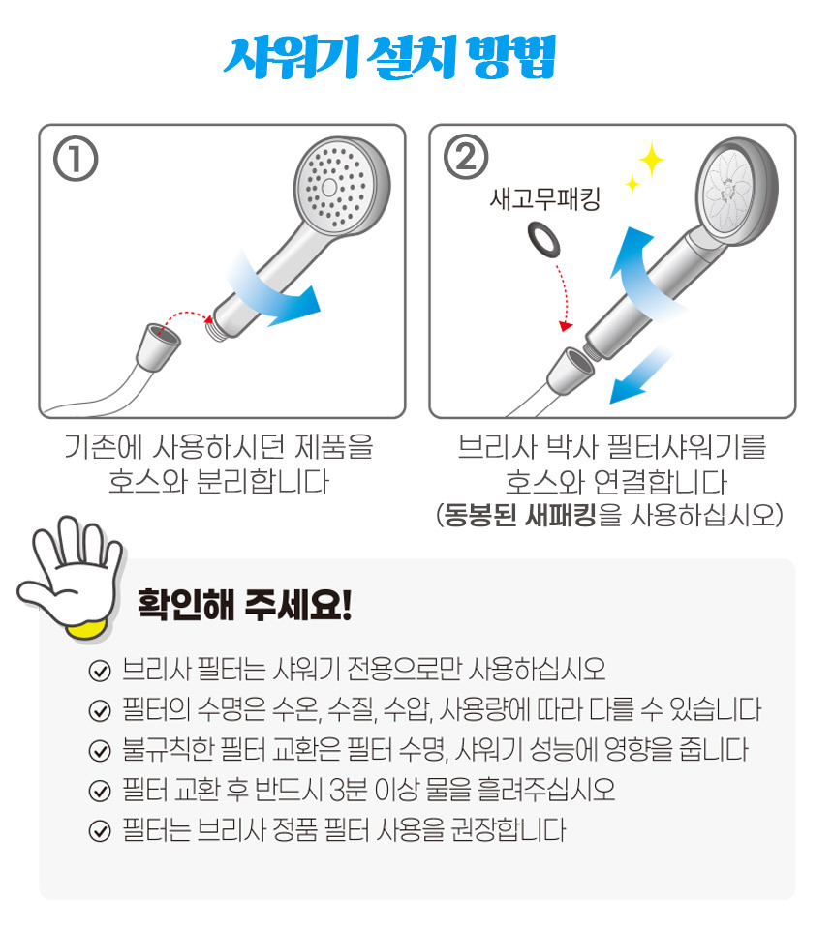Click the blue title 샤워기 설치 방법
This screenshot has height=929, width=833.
coord(389,57)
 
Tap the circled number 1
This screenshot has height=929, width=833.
coord(76,159)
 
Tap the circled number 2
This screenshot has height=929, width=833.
coord(466,158)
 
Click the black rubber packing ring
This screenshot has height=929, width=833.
coord(543,240)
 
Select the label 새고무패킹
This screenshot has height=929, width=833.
coord(545,199)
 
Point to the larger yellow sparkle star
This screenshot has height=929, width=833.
coord(651,160)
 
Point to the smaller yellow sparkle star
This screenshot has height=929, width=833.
coord(632,184)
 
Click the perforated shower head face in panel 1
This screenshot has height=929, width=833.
coord(331,187)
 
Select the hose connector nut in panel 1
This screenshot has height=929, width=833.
coord(158,347)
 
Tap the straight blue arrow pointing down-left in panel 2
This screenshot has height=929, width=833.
coord(640,375)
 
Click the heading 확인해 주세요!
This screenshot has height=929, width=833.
coord(245,605)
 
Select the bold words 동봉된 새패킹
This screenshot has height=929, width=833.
coord(519,514)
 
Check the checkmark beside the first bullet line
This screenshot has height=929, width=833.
coord(100,671)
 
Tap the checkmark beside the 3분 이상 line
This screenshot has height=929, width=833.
coord(100,791)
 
